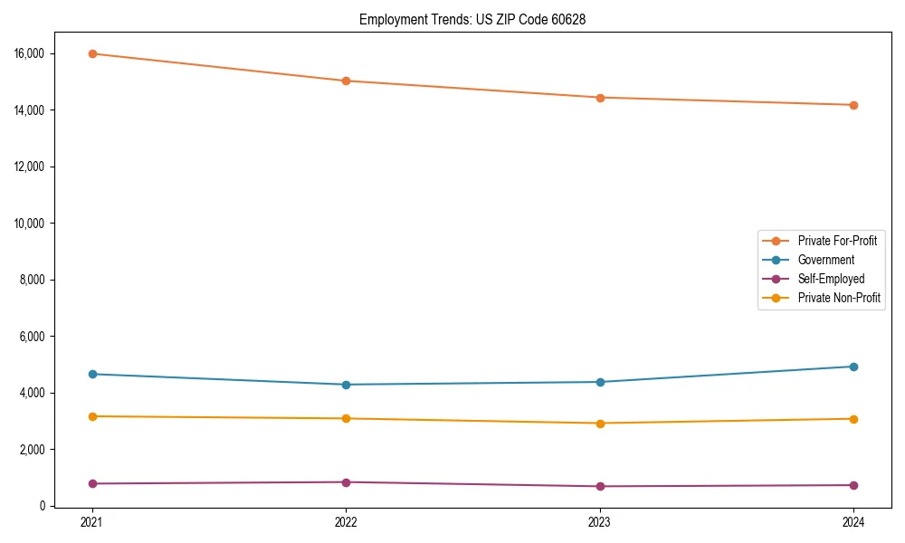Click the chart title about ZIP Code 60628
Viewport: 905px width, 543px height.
click(472, 19)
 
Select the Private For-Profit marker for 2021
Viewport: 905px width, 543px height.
click(92, 53)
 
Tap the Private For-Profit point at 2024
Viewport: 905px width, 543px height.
click(853, 105)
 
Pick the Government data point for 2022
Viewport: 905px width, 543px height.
click(346, 385)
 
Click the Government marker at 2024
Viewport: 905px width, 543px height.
click(853, 367)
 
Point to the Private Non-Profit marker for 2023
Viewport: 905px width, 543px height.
click(599, 424)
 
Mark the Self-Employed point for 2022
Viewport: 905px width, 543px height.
click(346, 482)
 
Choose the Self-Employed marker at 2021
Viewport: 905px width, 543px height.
click(92, 483)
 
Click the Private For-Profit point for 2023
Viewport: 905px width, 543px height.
click(599, 98)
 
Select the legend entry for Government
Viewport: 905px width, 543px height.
click(825, 260)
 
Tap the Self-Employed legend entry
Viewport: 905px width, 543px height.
click(831, 279)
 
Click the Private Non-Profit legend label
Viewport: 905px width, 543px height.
click(839, 298)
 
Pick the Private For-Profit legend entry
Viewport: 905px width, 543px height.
click(837, 241)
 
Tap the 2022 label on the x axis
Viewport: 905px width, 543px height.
click(346, 521)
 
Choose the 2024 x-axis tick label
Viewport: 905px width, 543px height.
click(853, 521)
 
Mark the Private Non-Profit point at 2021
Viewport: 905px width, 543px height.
click(92, 416)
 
